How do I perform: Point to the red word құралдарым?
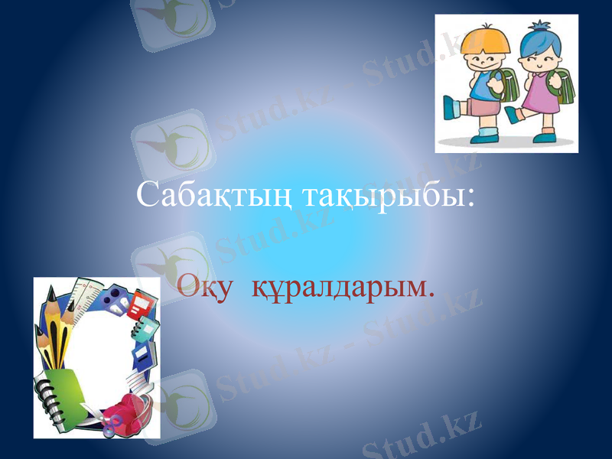tap(343, 288)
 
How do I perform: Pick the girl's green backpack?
tap(564, 86)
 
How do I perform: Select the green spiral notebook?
tap(61, 394)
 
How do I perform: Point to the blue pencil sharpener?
tap(114, 299)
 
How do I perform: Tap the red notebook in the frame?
tap(142, 305)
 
